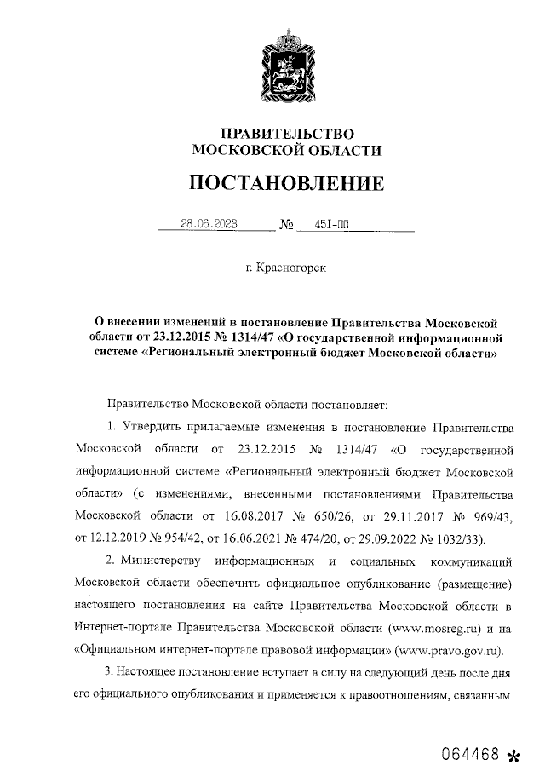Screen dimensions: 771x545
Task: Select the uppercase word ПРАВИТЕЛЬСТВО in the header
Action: (x=286, y=134)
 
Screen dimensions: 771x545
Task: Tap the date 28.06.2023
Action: (x=209, y=226)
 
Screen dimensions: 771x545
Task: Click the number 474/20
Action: (x=334, y=538)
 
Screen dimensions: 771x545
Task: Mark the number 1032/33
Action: (x=473, y=538)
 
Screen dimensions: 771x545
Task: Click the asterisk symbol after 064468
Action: (x=513, y=755)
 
